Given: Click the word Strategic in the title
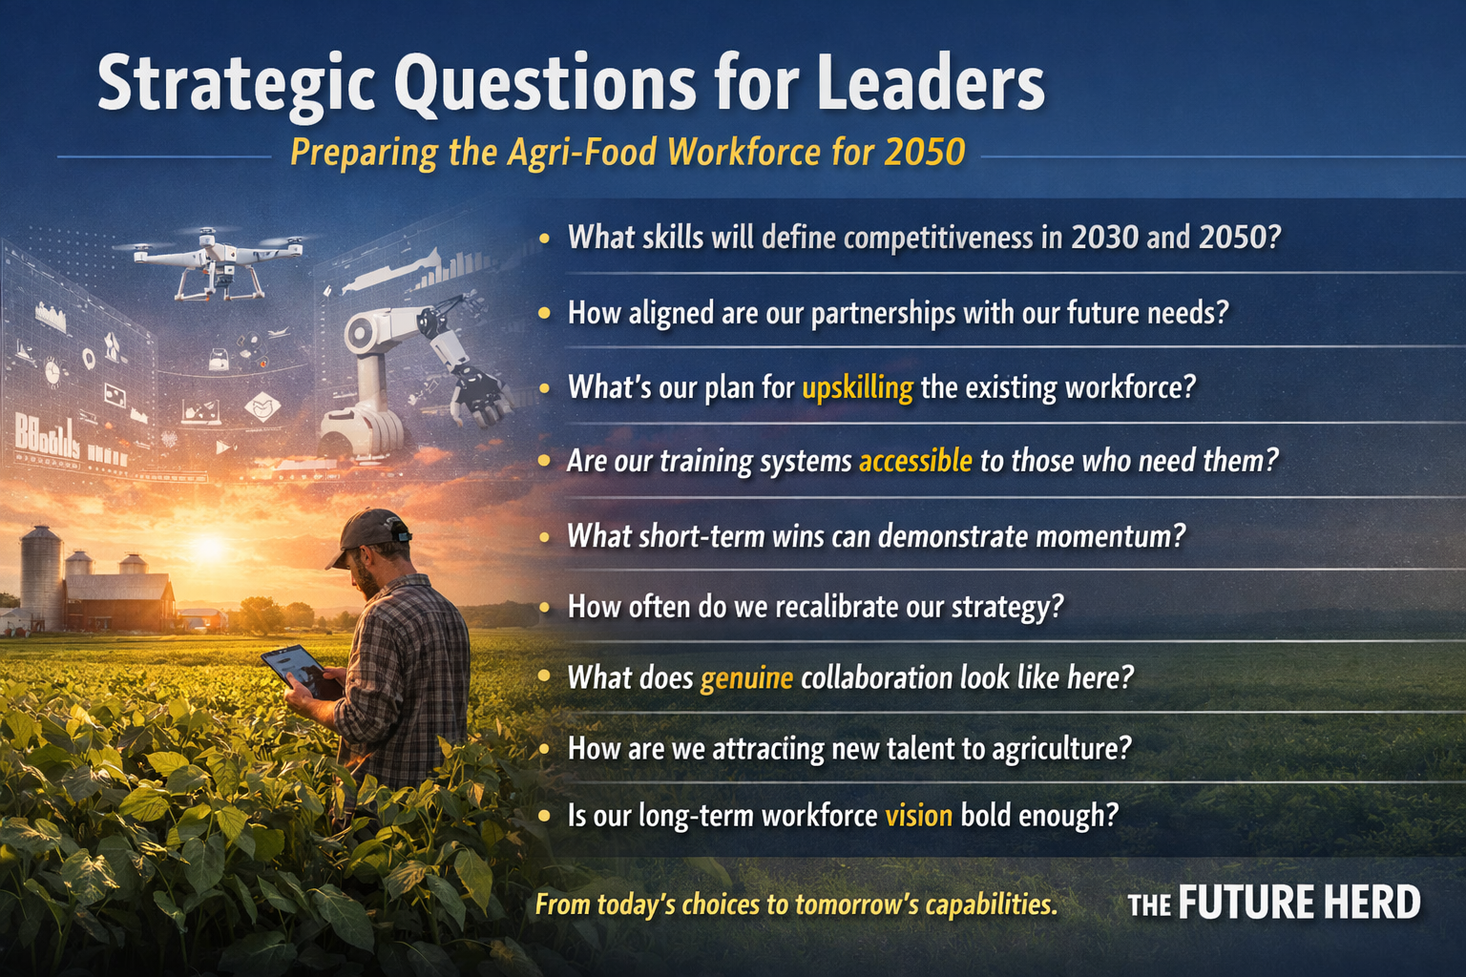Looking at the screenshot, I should point(235,84).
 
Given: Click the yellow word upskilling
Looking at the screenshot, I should point(857,388).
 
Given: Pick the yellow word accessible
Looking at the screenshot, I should point(915,462).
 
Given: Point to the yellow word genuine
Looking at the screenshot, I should point(746,678).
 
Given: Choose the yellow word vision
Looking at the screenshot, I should point(918,816).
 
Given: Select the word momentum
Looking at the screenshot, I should point(1110,536).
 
